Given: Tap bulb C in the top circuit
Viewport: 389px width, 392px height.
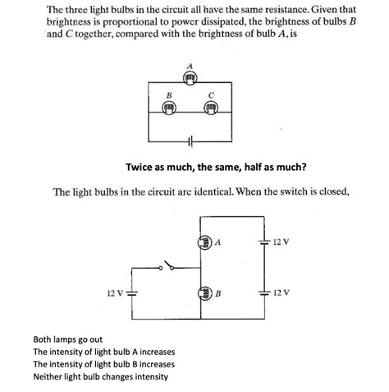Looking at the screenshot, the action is point(211,108).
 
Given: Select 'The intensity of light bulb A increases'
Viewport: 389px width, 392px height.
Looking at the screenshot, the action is point(103,351).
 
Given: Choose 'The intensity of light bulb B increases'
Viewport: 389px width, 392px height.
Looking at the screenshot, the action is point(103,363).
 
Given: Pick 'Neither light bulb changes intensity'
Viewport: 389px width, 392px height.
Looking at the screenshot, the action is point(100,376).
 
